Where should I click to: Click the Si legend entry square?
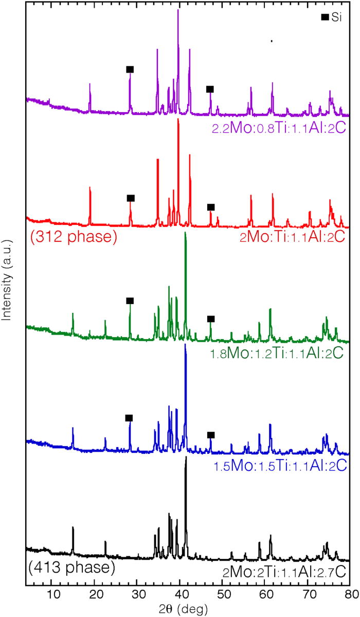pyautogui.click(x=325, y=17)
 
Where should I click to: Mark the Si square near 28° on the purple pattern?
pyautogui.click(x=130, y=69)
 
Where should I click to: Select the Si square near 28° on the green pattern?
pyautogui.click(x=130, y=301)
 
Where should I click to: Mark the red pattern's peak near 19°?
pyautogui.click(x=90, y=187)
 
